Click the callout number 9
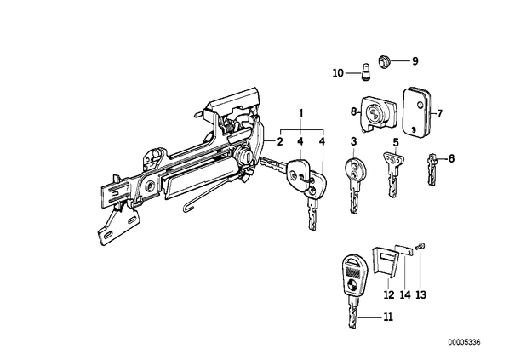[x=415, y=61]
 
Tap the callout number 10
[x=338, y=73]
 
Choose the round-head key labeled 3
[x=354, y=185]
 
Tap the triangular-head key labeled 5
[x=393, y=174]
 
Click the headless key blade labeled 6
[x=432, y=169]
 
